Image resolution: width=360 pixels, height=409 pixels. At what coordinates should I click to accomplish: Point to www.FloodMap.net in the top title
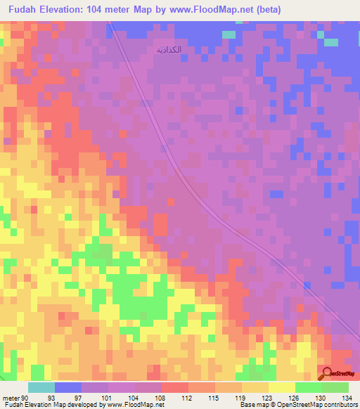[x=242, y=9]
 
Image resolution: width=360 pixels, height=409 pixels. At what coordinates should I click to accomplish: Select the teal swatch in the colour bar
[x=41, y=387]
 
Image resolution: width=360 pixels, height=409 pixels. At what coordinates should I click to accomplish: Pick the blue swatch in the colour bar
[x=68, y=387]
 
